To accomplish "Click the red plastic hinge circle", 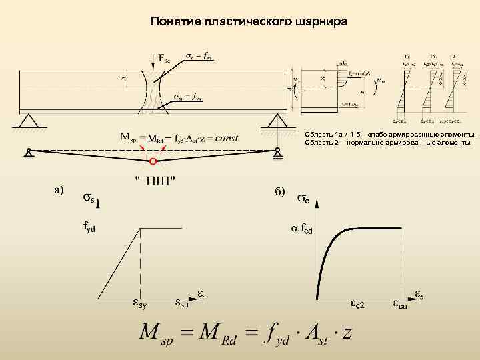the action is pyautogui.click(x=153, y=162).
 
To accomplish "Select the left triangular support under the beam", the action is pyautogui.click(x=28, y=121).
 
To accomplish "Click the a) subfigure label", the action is pyautogui.click(x=59, y=190).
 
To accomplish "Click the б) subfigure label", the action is pyautogui.click(x=279, y=191).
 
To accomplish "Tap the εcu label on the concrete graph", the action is pyautogui.click(x=399, y=305).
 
